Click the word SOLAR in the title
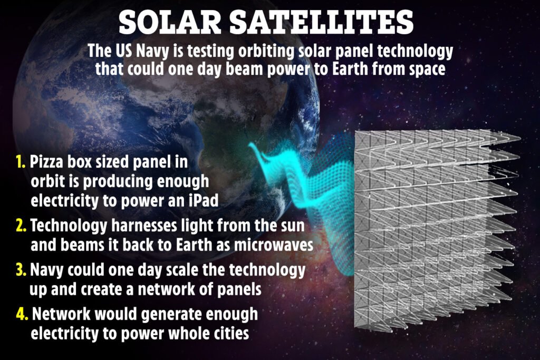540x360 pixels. tap(170, 22)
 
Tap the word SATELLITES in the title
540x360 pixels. tap(321, 22)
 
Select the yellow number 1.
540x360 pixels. tap(21, 161)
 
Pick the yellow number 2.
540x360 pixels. tap(21, 226)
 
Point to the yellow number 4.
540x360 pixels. tap(22, 314)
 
